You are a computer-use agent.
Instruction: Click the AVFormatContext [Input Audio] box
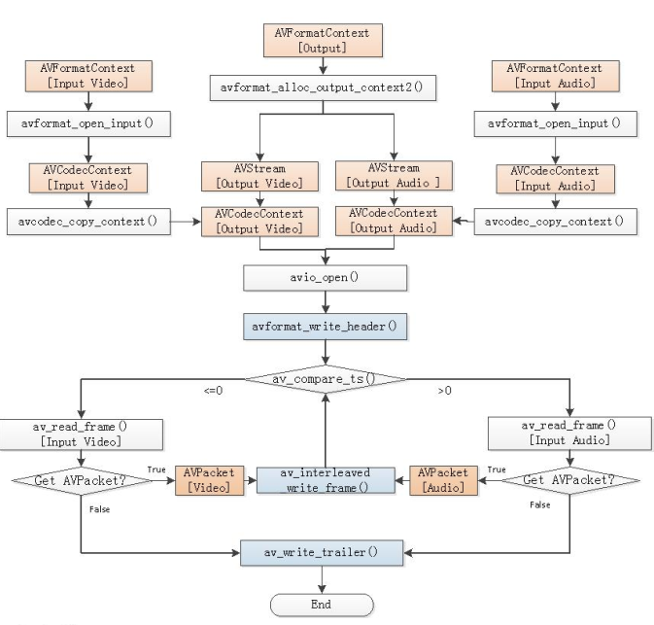point(554,77)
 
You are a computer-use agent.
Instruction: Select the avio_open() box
point(324,277)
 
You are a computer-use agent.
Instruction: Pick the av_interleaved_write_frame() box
point(326,480)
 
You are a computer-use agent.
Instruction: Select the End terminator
point(321,604)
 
